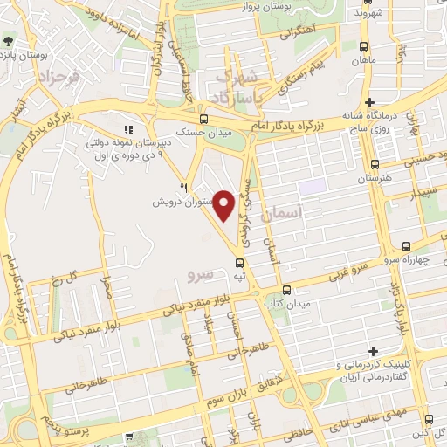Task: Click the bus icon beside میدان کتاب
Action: (287, 291)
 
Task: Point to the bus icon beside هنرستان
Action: (375, 163)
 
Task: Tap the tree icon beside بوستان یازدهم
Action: (8, 41)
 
